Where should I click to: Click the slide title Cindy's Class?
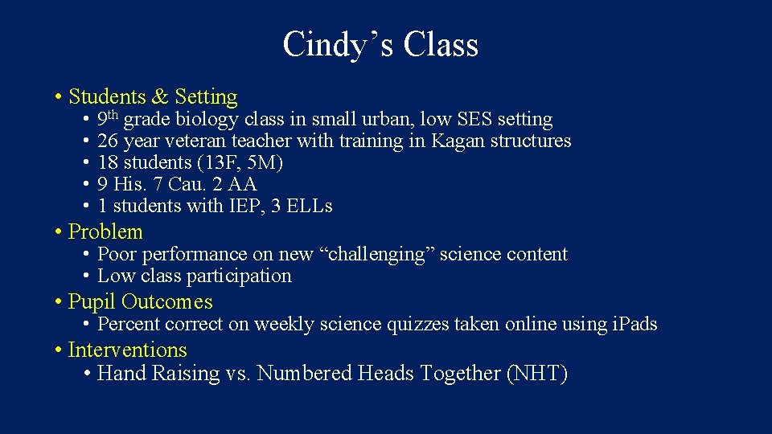pyautogui.click(x=380, y=44)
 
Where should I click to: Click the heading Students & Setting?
pyautogui.click(x=153, y=97)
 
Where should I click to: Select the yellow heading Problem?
pyautogui.click(x=105, y=232)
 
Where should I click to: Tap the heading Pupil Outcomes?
pyautogui.click(x=141, y=302)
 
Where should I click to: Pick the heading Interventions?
pyautogui.click(x=127, y=350)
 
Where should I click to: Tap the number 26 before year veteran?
pyautogui.click(x=107, y=141)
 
